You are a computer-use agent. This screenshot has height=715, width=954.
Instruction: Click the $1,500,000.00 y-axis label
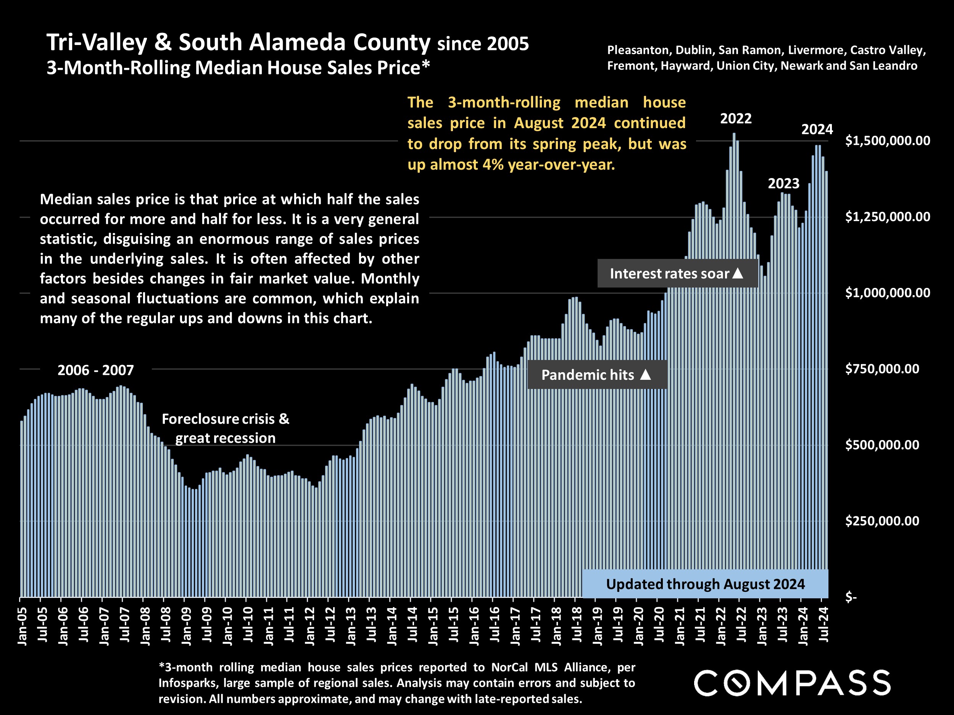coord(887,141)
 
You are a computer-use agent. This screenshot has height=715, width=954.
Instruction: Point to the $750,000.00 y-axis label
coord(881,369)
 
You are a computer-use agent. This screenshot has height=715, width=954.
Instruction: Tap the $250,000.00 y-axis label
coord(881,521)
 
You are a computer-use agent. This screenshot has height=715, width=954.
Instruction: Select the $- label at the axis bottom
coord(851,597)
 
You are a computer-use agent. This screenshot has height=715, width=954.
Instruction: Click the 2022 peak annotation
coord(736,119)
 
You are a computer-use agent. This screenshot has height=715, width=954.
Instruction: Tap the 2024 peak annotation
coord(817,130)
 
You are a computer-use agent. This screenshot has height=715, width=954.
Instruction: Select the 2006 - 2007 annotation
coord(96,370)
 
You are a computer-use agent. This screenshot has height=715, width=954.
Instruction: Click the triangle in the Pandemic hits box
coord(645,374)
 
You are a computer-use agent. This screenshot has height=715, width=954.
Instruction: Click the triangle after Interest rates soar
coord(738,273)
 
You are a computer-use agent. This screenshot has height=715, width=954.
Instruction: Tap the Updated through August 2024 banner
coord(705,584)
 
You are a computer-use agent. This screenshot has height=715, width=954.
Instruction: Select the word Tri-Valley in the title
coord(97,43)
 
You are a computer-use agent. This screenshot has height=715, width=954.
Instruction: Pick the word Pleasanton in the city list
coord(638,50)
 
